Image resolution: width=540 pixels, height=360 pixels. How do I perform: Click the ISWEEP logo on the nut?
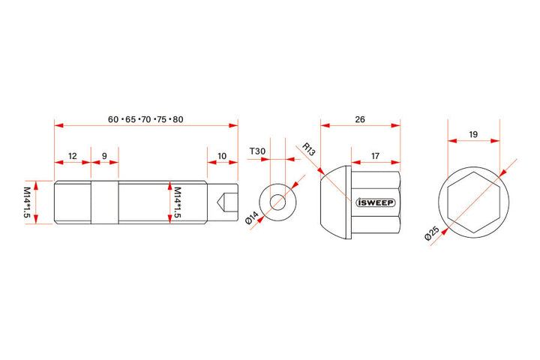[x=376, y=202]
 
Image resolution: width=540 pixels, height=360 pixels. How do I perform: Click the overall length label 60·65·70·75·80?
[x=145, y=119]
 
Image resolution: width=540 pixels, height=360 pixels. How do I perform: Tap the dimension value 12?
[x=72, y=156]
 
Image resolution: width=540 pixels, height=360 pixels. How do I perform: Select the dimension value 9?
[x=104, y=156]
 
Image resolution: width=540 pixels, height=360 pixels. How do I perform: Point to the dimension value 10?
[x=222, y=156]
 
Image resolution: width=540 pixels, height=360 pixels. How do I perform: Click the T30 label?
[x=257, y=151]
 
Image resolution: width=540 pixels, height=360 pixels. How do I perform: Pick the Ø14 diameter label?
[x=252, y=218]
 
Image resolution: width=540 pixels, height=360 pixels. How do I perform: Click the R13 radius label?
[x=308, y=149]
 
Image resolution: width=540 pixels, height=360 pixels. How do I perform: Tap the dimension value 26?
[x=360, y=119]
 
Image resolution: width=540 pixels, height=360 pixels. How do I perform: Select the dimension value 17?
[x=375, y=156]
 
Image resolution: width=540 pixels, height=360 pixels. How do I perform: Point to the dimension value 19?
[x=473, y=134]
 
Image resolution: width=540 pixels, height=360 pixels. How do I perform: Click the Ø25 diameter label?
[x=432, y=233]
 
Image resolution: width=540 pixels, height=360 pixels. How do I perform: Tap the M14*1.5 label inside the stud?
[x=177, y=202]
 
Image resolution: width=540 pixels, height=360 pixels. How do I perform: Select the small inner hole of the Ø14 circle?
[x=277, y=202]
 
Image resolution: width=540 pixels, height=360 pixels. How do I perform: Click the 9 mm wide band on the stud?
[x=105, y=202]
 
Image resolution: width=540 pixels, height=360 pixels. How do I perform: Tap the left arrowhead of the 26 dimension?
[x=325, y=125]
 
